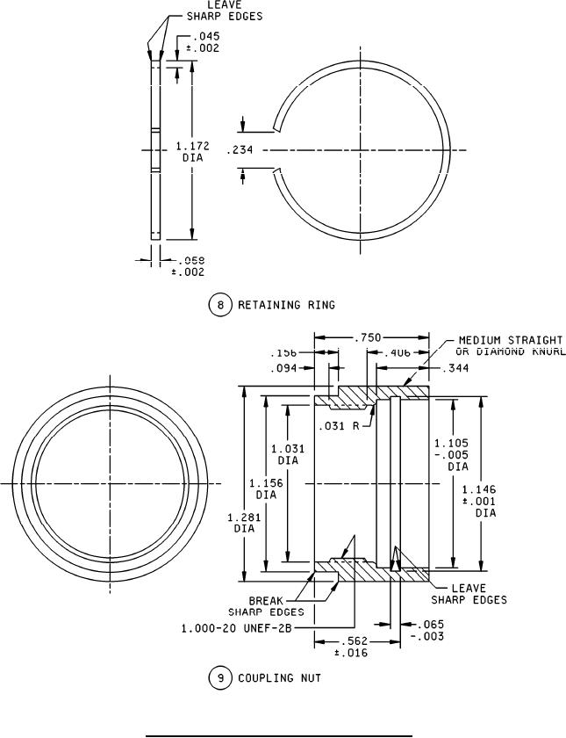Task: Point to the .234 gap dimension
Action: pyautogui.click(x=240, y=150)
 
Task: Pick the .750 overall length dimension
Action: pyautogui.click(x=368, y=336)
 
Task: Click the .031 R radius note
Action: pyautogui.click(x=346, y=426)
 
